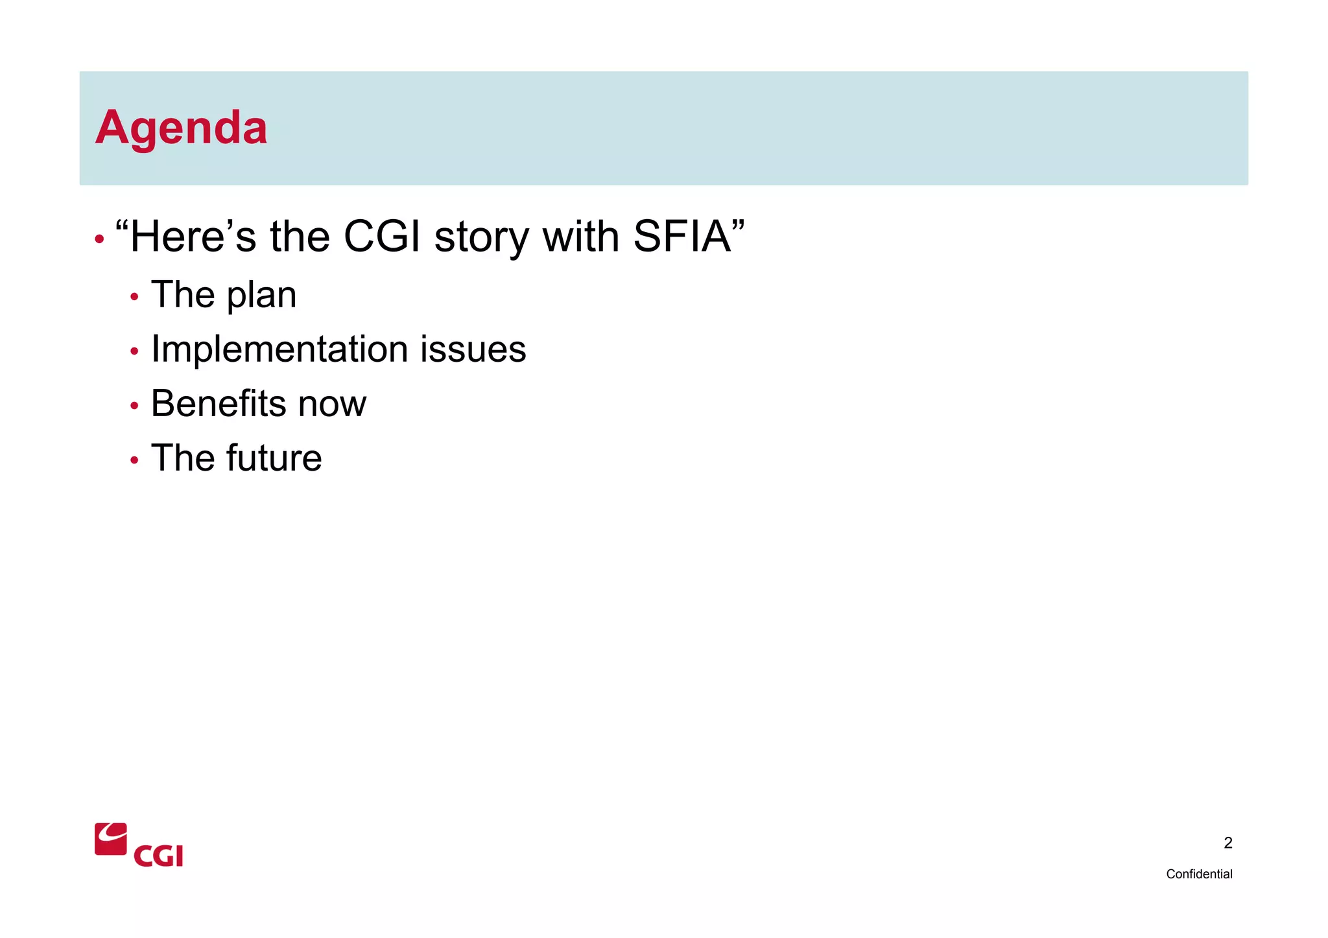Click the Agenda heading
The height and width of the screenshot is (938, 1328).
click(x=181, y=128)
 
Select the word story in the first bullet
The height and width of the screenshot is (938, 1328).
click(x=481, y=237)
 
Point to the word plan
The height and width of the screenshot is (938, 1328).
click(x=261, y=296)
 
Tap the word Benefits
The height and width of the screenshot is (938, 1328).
click(x=218, y=404)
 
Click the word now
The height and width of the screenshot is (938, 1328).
click(x=332, y=405)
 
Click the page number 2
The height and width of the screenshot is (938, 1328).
click(x=1227, y=843)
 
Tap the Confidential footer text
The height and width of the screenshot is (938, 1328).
click(x=1198, y=874)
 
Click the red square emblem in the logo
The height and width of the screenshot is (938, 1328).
click(x=111, y=839)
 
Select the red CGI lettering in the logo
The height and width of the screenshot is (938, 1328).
click(x=158, y=856)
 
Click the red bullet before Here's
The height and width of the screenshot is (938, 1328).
click(x=99, y=240)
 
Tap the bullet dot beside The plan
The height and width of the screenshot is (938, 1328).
click(x=134, y=298)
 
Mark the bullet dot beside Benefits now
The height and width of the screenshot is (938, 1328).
click(x=134, y=406)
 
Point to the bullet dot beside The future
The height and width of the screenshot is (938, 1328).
click(x=134, y=461)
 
